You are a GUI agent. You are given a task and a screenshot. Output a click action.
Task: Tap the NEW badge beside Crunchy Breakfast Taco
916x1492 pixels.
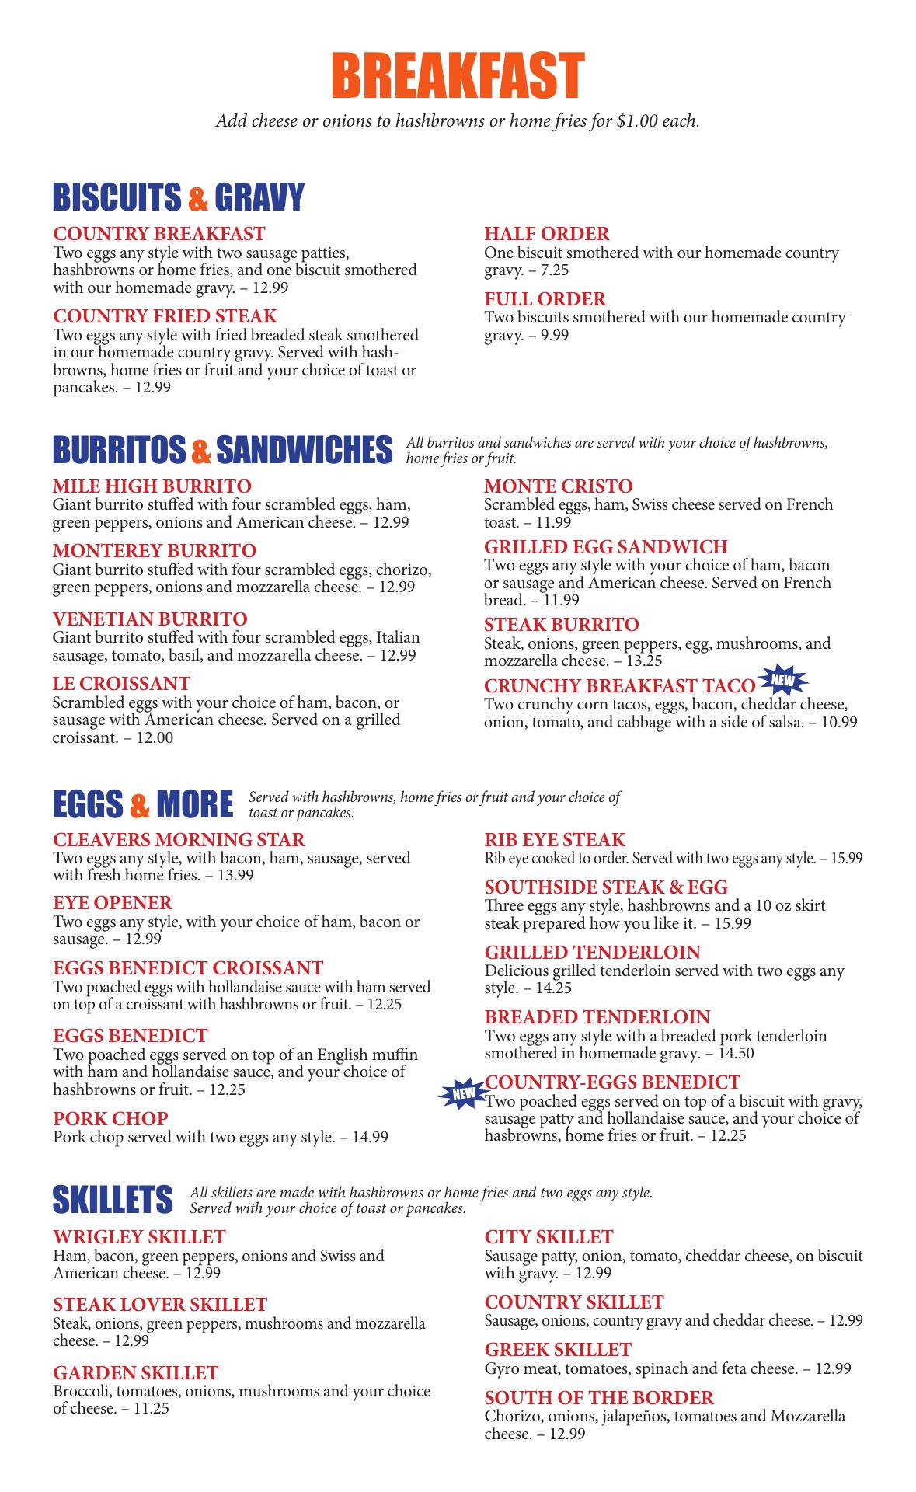[x=784, y=681]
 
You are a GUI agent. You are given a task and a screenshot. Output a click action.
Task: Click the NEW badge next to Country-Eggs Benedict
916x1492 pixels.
[x=461, y=1094]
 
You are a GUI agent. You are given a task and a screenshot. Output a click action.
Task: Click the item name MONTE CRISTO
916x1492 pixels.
[x=558, y=486]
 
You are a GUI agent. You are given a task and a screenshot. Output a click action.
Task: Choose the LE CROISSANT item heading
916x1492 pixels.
[x=121, y=684]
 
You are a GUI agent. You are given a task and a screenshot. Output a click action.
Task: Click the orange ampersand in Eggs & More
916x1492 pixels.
[x=141, y=804]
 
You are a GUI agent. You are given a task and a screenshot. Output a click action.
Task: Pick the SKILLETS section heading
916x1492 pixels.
[x=113, y=1200]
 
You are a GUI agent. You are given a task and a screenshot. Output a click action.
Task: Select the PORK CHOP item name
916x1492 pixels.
[x=110, y=1119]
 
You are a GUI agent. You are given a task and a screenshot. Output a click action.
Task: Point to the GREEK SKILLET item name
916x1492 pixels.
[x=558, y=1349]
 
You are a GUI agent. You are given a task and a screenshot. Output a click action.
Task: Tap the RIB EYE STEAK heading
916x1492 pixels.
[x=555, y=840]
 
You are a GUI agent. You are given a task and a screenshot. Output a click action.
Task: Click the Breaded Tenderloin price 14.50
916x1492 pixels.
[x=734, y=1054]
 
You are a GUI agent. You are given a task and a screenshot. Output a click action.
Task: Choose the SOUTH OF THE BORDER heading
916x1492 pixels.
[x=599, y=1397]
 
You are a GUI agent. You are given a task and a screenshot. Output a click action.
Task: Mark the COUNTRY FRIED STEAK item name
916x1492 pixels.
[x=165, y=316]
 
